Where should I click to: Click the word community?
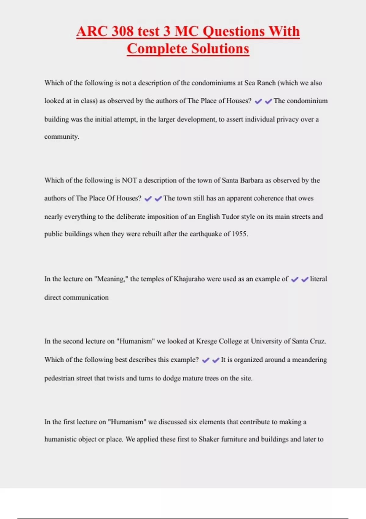62,137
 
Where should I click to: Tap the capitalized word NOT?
129,180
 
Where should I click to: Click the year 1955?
240,234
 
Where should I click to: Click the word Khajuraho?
189,279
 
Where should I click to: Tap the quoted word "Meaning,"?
111,279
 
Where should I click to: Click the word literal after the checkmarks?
318,279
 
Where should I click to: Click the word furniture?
234,439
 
